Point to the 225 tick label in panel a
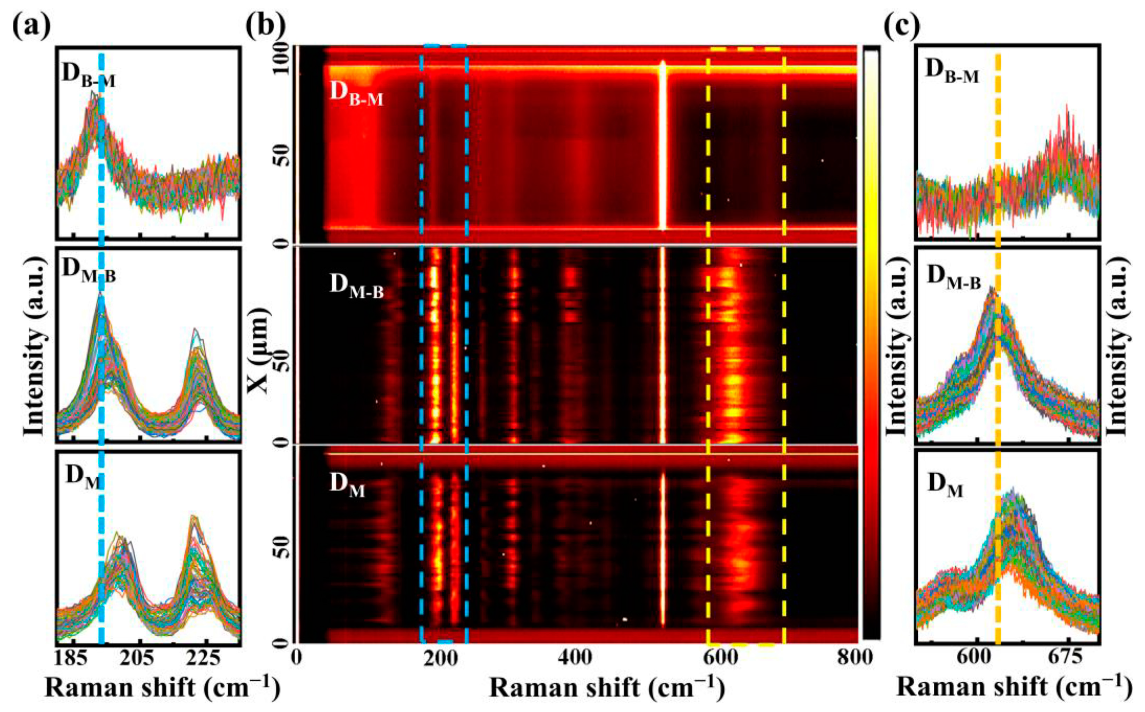point(204,661)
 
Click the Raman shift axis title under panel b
point(607,689)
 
